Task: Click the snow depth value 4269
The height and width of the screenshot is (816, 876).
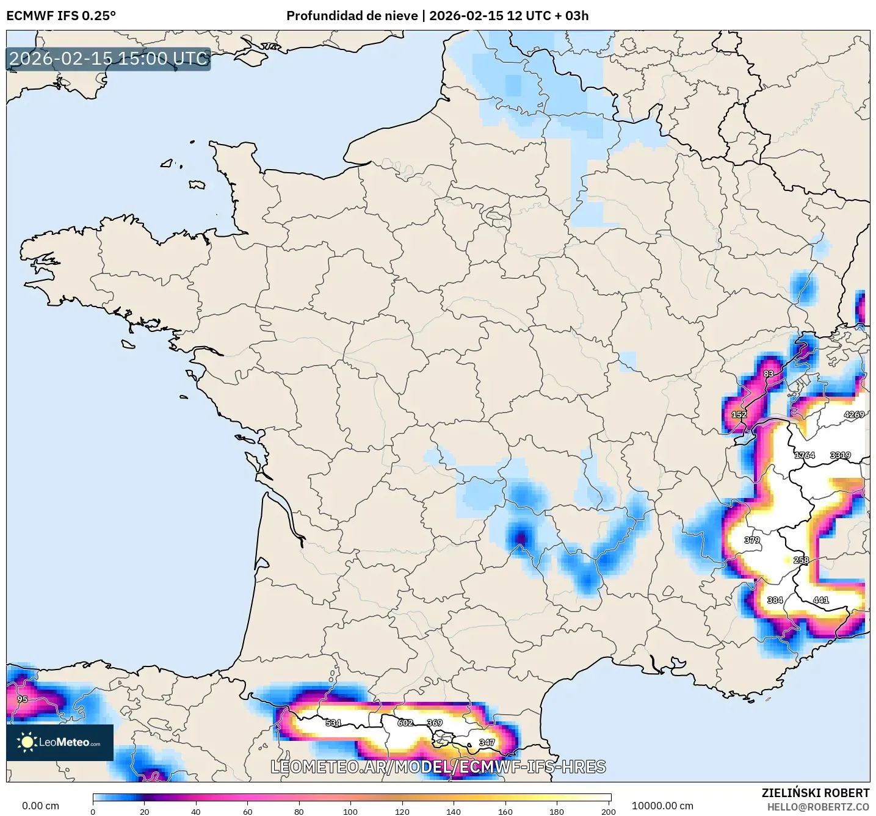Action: pyautogui.click(x=853, y=414)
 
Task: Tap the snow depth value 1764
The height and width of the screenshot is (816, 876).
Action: pyautogui.click(x=804, y=455)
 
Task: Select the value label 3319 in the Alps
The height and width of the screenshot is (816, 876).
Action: pyautogui.click(x=840, y=455)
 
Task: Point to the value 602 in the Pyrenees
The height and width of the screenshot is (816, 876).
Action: pyautogui.click(x=405, y=723)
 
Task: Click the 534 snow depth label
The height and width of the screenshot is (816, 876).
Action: pyautogui.click(x=333, y=723)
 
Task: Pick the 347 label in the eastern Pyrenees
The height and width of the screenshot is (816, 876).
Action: pyautogui.click(x=487, y=743)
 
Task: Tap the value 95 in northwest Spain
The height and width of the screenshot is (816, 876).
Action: pyautogui.click(x=22, y=699)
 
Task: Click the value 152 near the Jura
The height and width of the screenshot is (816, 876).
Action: pyautogui.click(x=739, y=414)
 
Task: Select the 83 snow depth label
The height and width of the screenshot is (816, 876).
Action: pyautogui.click(x=768, y=374)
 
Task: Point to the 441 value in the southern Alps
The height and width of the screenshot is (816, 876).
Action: pyautogui.click(x=820, y=600)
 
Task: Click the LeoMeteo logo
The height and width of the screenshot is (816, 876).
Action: pyautogui.click(x=60, y=742)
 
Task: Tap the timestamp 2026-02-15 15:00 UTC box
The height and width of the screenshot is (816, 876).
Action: pyautogui.click(x=109, y=59)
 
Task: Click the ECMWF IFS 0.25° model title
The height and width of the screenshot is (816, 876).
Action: pyautogui.click(x=61, y=16)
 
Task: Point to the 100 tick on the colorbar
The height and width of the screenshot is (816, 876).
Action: pyautogui.click(x=350, y=811)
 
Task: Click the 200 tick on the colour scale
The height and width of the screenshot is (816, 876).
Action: pyautogui.click(x=608, y=811)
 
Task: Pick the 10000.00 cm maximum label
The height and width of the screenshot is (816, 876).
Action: pyautogui.click(x=662, y=806)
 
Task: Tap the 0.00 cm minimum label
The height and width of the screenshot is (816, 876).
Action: pyautogui.click(x=40, y=806)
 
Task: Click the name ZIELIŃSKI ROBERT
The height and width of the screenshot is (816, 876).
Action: pyautogui.click(x=815, y=793)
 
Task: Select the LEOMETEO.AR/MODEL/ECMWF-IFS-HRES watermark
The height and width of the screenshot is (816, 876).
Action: pyautogui.click(x=438, y=767)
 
